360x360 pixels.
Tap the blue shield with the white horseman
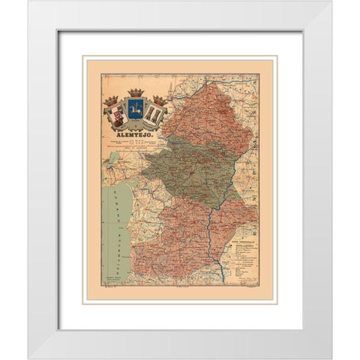click(x=136, y=109)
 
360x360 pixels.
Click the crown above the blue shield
click(x=136, y=93)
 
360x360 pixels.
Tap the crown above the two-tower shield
click(x=159, y=100)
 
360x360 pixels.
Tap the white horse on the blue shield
click(x=136, y=110)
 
